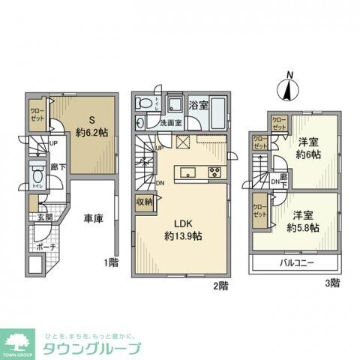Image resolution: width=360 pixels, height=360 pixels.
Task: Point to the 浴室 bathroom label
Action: pyautogui.click(x=198, y=106)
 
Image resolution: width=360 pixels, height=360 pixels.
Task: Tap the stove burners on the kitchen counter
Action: pyautogui.click(x=213, y=172)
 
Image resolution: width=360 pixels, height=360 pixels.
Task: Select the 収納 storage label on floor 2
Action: pyautogui.click(x=145, y=201)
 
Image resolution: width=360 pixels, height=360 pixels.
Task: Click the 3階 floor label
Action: pyautogui.click(x=331, y=283)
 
